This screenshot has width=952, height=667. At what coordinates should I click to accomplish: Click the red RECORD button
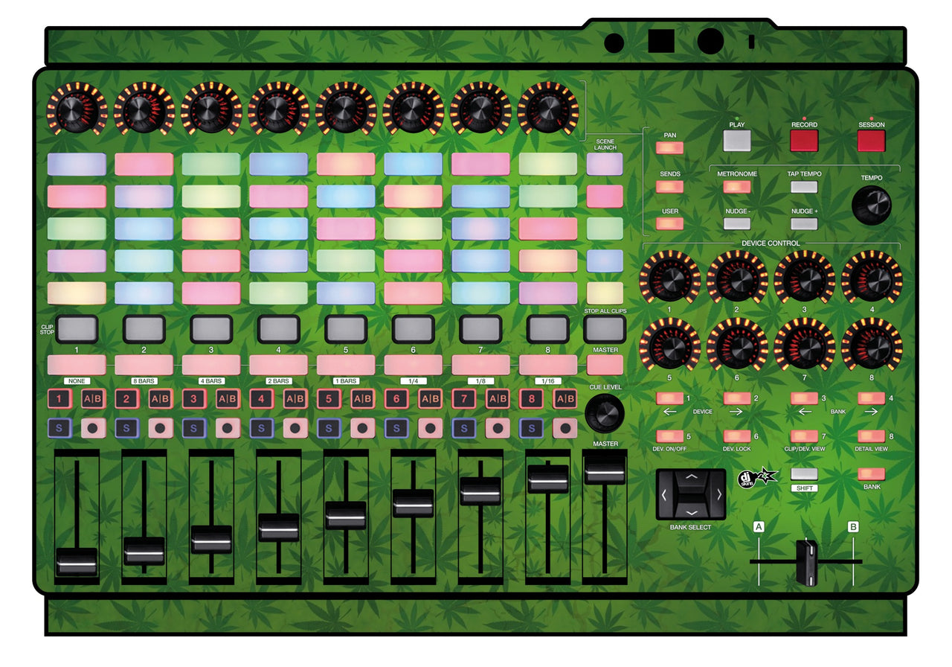[804, 141]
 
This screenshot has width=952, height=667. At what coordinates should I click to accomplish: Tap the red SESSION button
[871, 141]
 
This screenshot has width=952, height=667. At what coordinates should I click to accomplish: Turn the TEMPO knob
[871, 205]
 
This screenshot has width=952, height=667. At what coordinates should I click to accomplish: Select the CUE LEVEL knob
[605, 412]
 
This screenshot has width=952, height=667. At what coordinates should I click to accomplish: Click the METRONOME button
[736, 187]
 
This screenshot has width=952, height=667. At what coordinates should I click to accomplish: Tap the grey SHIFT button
[804, 474]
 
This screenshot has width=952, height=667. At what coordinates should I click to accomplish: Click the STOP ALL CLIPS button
[605, 329]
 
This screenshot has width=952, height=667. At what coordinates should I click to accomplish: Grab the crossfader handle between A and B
[806, 562]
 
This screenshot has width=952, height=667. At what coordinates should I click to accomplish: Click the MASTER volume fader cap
[605, 469]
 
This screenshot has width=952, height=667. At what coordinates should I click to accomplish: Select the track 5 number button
[329, 399]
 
